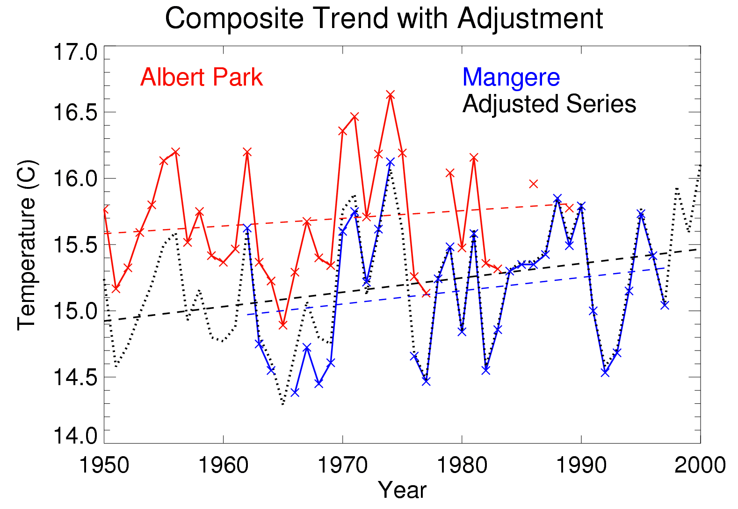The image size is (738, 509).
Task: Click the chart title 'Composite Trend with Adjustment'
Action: tap(383, 19)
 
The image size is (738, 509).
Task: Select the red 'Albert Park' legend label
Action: tap(201, 77)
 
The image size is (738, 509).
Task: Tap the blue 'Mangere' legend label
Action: tap(511, 77)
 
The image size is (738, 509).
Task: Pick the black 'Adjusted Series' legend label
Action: tap(549, 104)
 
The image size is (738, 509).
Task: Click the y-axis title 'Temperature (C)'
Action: tap(27, 245)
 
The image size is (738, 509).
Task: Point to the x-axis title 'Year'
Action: tap(402, 490)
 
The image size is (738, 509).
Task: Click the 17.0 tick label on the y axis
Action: tap(75, 52)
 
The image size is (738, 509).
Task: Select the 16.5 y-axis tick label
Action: tap(75, 113)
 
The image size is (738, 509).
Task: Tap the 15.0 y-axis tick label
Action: tap(75, 311)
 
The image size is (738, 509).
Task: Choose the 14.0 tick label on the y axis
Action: tap(75, 436)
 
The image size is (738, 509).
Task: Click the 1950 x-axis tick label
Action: tap(104, 465)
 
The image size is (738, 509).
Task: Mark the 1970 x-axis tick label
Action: tap(342, 465)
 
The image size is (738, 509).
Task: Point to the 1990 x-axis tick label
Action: tap(581, 465)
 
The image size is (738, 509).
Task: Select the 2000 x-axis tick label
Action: tap(700, 465)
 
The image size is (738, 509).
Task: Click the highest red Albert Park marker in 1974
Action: tap(391, 95)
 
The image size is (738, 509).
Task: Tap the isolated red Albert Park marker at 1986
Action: tap(534, 184)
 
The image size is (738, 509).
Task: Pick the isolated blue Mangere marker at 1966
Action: tap(295, 392)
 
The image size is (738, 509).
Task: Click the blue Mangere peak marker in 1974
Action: tap(391, 162)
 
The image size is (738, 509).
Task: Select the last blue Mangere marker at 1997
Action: tap(665, 305)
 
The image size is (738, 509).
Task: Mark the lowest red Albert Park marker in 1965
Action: tap(283, 325)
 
